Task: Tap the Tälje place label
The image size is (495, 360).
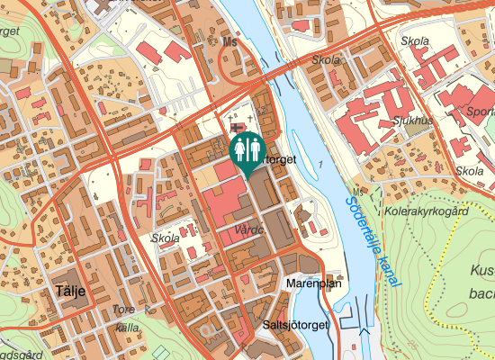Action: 68,293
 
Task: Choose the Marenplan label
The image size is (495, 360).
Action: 314,283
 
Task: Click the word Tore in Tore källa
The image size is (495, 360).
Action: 124,311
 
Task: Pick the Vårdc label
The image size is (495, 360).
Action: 247,230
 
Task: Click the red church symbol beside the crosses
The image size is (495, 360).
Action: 237,130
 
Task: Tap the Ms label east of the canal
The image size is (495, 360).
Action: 358,193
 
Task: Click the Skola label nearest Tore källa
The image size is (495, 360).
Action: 166,239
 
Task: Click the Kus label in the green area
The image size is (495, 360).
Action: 482,270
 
